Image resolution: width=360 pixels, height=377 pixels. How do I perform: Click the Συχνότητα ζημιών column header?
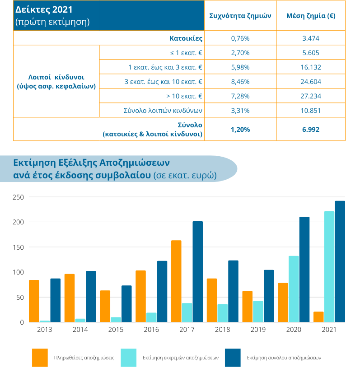click(x=240, y=16)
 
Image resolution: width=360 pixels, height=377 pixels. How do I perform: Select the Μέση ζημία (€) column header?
click(x=311, y=16)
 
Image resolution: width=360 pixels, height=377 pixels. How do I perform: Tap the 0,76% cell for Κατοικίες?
click(x=240, y=38)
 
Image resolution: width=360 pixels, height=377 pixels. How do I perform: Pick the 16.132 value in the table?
click(x=311, y=67)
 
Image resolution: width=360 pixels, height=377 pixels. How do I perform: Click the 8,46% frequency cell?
click(x=240, y=82)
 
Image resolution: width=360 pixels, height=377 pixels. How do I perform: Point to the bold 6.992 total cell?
click(x=311, y=130)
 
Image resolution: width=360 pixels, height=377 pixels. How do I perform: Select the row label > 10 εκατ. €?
click(x=184, y=96)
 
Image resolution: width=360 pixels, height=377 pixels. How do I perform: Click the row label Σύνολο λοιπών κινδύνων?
click(x=163, y=111)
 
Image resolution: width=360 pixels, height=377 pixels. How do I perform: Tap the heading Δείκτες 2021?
click(x=44, y=9)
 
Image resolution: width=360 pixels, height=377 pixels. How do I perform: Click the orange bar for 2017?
click(x=176, y=281)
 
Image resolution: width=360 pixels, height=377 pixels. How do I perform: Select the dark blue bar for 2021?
click(x=340, y=261)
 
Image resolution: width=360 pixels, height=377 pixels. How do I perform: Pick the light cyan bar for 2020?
click(x=294, y=289)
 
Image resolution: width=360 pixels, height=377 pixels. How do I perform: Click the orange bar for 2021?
click(x=318, y=317)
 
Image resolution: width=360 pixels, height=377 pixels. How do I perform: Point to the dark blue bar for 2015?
click(x=126, y=304)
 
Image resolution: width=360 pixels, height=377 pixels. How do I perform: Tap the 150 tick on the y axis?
click(x=18, y=247)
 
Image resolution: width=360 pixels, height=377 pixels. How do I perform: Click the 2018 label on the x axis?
click(x=222, y=330)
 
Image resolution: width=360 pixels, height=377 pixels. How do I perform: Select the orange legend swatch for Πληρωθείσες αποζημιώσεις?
click(x=40, y=358)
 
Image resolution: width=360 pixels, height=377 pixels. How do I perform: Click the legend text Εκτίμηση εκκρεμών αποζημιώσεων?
click(x=181, y=358)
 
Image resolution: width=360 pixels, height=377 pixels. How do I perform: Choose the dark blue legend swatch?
click(x=233, y=358)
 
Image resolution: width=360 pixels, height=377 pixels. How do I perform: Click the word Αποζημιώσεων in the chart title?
click(x=135, y=163)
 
